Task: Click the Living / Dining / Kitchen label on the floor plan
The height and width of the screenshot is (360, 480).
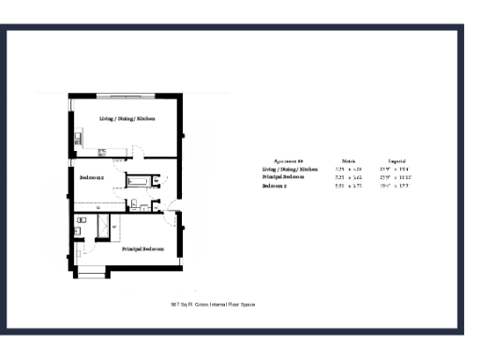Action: [127, 120]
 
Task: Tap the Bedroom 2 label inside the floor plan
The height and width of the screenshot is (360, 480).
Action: [91, 177]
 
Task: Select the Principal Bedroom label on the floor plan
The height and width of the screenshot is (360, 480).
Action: [142, 249]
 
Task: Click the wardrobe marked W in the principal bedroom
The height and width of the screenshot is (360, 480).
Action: [113, 227]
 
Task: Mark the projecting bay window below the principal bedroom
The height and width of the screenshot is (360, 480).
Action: [92, 273]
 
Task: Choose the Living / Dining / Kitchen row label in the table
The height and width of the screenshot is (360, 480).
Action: [292, 170]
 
